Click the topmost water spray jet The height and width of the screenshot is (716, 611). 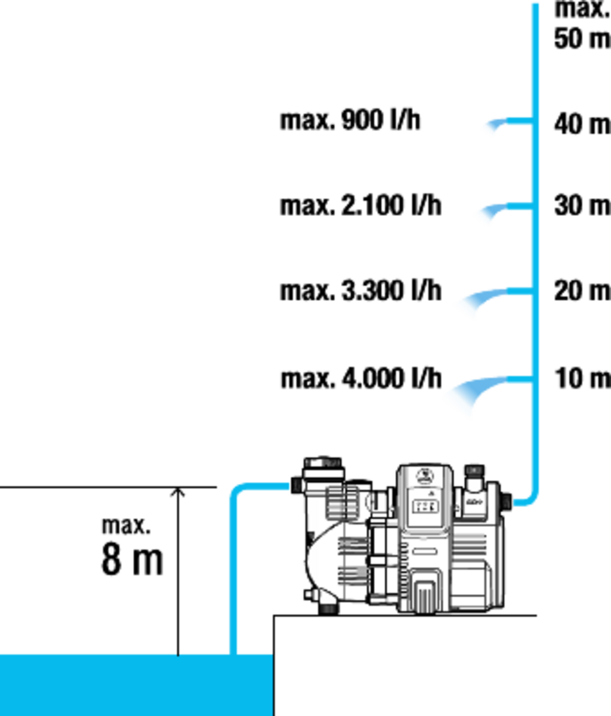pos(490,126)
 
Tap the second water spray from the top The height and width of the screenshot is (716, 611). pos(486,214)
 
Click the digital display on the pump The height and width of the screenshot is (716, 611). pos(425,507)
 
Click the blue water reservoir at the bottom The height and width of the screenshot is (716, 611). pos(136,685)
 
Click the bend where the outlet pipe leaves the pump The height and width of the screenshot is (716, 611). pos(531,500)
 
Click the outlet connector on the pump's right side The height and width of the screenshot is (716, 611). pos(507,501)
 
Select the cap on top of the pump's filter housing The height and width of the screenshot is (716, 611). pos(322,463)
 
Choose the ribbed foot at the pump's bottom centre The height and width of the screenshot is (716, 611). pos(425,591)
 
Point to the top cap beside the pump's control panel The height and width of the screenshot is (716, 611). pos(474,471)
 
